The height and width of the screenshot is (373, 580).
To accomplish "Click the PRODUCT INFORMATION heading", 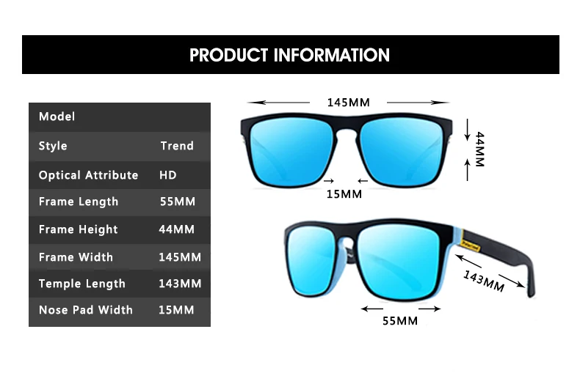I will pyautogui.click(x=290, y=55).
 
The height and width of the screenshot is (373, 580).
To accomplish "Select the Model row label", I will pyautogui.click(x=57, y=117).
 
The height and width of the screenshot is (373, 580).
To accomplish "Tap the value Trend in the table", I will pyautogui.click(x=177, y=146).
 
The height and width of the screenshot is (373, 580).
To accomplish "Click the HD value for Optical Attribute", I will pyautogui.click(x=168, y=175).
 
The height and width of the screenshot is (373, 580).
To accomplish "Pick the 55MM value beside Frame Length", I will pyautogui.click(x=178, y=202).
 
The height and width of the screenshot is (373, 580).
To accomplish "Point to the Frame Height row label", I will pyautogui.click(x=78, y=229).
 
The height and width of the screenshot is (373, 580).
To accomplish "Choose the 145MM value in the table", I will pyautogui.click(x=180, y=257).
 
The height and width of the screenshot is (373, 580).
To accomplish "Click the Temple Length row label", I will pyautogui.click(x=82, y=284).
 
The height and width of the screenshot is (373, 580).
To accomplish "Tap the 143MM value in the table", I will pyautogui.click(x=180, y=284).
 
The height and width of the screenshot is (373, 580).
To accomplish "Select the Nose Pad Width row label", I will pyautogui.click(x=86, y=310).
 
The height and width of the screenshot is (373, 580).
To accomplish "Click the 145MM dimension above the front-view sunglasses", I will pyautogui.click(x=348, y=103).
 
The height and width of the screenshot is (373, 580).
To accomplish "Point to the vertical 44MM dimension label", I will pyautogui.click(x=479, y=149).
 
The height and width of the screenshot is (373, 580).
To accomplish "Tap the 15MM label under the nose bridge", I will pyautogui.click(x=344, y=193).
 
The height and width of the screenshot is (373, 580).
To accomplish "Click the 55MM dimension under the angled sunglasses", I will pyautogui.click(x=399, y=321).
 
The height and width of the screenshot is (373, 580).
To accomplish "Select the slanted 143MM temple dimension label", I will pyautogui.click(x=484, y=280).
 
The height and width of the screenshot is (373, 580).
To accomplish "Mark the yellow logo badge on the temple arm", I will pyautogui.click(x=469, y=244).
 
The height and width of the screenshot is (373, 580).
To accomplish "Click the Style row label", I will pyautogui.click(x=53, y=146).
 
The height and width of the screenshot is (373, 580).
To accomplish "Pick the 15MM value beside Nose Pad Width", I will pyautogui.click(x=177, y=310).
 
